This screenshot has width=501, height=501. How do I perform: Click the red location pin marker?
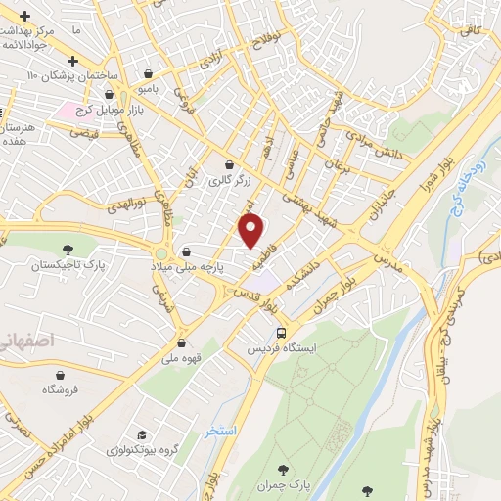tap(252, 231)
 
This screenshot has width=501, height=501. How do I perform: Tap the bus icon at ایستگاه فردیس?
tap(281, 333)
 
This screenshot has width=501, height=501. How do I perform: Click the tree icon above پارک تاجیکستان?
tap(68, 250)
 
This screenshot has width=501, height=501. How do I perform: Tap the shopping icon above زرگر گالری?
tap(229, 164)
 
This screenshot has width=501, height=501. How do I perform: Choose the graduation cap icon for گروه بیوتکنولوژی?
tap(142, 434)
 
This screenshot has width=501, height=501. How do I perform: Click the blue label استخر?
tap(220, 431)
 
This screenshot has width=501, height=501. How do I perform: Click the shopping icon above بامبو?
tap(148, 73)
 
